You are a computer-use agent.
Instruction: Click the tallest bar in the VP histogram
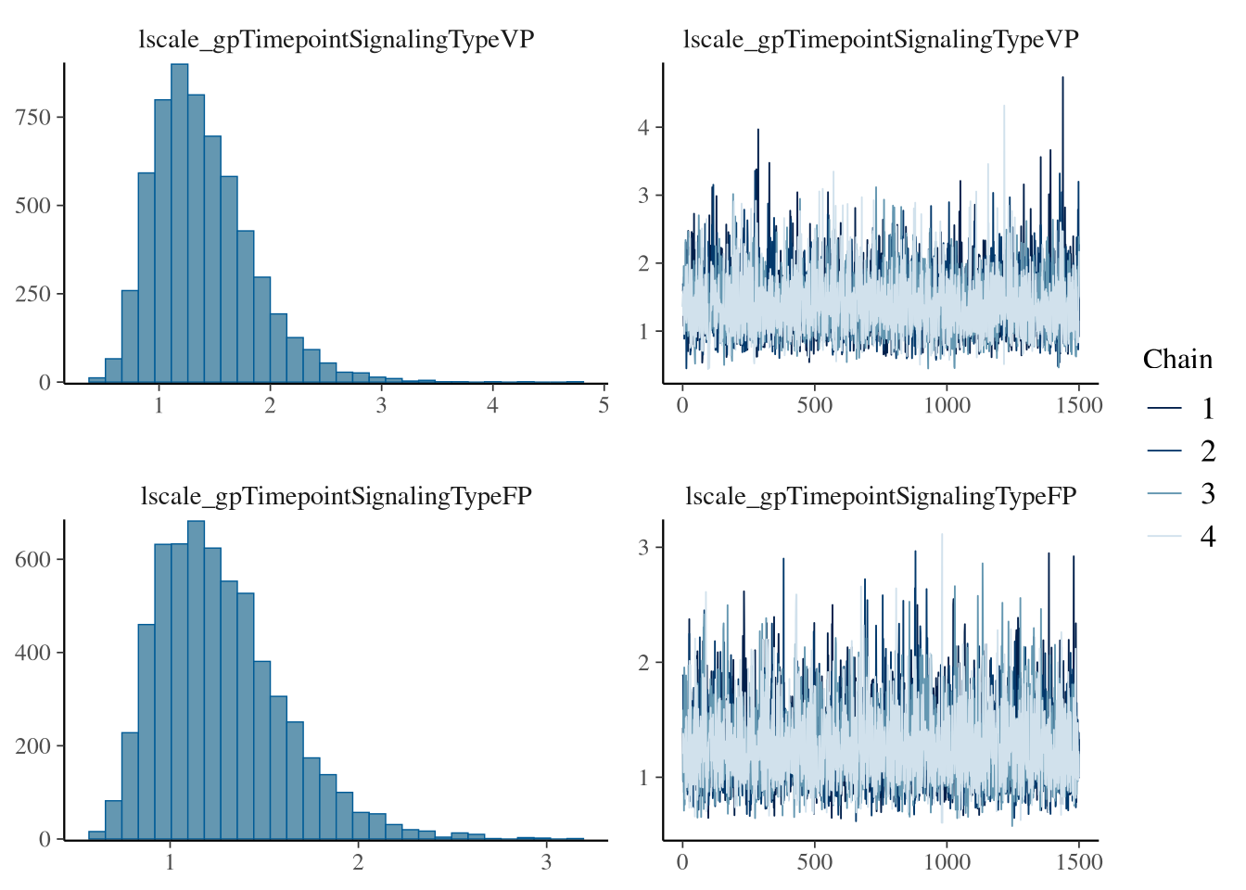coord(179,222)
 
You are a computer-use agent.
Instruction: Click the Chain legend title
coord(1177,360)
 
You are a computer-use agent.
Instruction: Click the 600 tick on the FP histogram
coord(32,559)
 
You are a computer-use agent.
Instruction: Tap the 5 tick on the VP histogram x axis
coord(604,406)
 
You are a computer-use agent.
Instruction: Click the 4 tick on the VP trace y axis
coord(643,127)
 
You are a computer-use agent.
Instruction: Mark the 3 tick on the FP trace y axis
coord(643,547)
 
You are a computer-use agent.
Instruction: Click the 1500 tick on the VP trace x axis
coord(1079,406)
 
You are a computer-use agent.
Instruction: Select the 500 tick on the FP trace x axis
coord(814,863)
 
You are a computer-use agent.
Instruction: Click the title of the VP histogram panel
coord(336,40)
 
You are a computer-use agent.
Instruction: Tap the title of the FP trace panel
coord(881,497)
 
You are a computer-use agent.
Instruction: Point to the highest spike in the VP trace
coord(1062,79)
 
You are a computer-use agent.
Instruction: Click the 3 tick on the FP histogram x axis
coord(546,863)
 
